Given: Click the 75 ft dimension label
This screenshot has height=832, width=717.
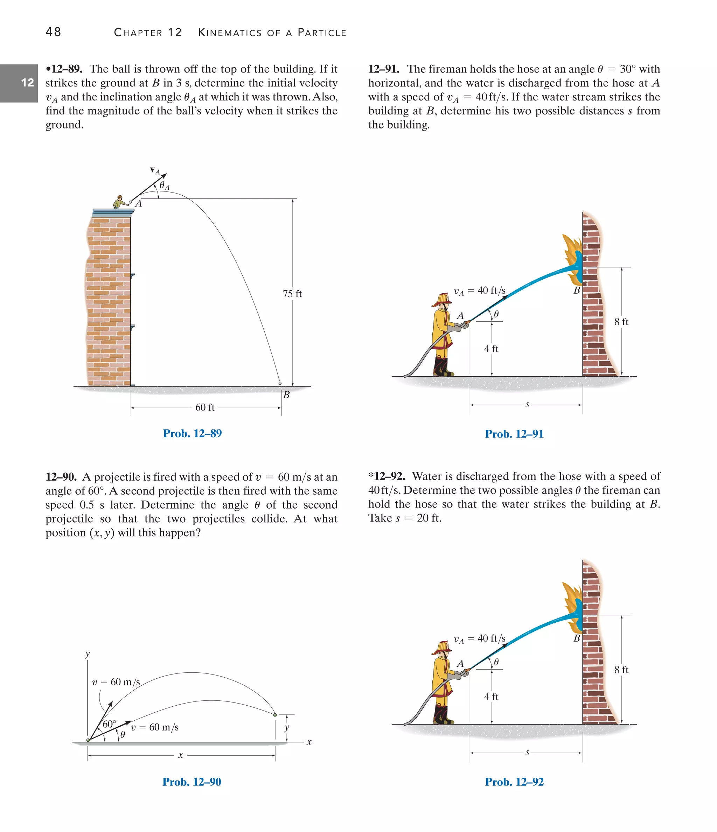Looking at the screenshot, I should click(x=292, y=294).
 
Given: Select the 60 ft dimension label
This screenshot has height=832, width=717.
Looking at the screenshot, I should click(x=205, y=407).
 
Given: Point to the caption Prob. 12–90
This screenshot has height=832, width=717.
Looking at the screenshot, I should click(x=192, y=782).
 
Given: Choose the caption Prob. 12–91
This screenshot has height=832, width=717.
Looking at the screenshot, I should click(x=514, y=434).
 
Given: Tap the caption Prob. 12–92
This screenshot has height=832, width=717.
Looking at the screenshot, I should click(x=514, y=782).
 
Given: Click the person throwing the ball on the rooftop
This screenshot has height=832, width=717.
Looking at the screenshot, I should click(x=119, y=202).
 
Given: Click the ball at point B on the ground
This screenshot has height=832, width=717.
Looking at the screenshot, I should click(x=280, y=383).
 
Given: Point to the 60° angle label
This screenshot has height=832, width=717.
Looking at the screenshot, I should click(x=109, y=724).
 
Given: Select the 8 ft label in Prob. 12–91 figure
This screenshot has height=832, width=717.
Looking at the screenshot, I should click(x=621, y=322).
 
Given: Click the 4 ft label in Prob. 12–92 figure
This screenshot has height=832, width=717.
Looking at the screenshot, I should click(x=491, y=697).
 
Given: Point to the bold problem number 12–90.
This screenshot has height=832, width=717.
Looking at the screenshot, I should click(x=61, y=477).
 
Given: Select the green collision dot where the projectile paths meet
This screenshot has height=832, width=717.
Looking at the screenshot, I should click(x=275, y=715).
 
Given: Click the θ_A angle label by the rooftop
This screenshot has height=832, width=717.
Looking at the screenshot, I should click(x=164, y=186).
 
